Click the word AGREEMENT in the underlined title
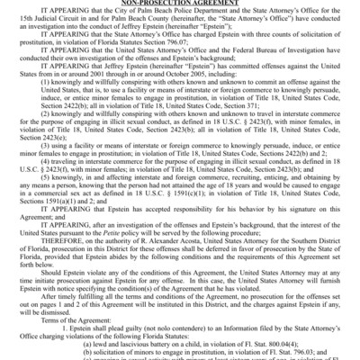210,3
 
